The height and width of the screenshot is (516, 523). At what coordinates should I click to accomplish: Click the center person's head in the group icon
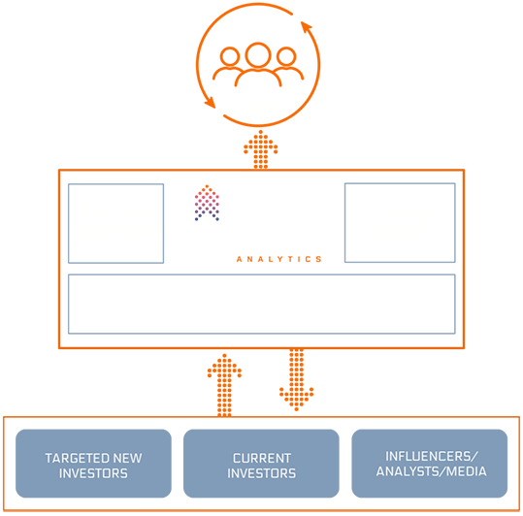258,54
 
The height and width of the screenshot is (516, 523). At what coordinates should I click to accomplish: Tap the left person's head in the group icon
230,56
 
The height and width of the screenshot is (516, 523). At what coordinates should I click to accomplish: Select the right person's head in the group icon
286,56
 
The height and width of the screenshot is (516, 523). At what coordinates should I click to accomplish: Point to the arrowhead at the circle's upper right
307,27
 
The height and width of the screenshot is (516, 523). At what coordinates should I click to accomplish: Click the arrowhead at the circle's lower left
211,103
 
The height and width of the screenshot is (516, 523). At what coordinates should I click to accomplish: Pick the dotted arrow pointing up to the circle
260,149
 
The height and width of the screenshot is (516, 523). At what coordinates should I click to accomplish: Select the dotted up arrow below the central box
224,385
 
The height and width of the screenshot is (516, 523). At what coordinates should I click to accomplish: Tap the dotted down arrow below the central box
297,379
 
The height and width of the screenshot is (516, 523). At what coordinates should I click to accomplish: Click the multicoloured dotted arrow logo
207,203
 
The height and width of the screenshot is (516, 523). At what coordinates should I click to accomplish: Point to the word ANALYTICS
278,259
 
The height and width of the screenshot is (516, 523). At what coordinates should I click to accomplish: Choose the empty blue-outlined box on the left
115,223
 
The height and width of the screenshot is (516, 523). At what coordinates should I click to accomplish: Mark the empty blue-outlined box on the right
400,223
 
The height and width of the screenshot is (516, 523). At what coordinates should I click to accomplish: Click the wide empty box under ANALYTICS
262,304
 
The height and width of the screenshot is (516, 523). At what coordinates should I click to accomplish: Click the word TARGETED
77,459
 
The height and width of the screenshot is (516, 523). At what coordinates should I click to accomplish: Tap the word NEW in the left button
128,459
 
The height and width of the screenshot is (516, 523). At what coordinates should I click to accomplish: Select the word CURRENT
262,459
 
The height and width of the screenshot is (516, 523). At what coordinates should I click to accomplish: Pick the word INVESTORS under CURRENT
262,473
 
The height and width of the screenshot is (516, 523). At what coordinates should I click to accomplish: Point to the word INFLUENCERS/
432,456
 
